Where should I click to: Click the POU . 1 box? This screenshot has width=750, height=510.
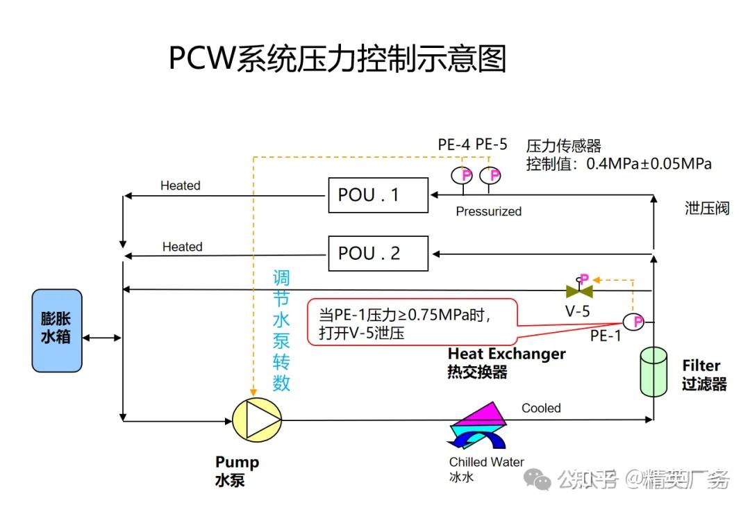point(378,195)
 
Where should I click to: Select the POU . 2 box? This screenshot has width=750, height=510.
point(378,253)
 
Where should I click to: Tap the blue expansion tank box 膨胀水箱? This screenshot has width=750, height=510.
point(56,330)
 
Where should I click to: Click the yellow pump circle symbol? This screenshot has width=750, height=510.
point(256,419)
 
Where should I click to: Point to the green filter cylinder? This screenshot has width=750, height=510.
point(652,371)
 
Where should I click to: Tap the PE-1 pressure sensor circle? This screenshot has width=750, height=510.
point(633,322)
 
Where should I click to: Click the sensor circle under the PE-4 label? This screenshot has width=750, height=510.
point(462,175)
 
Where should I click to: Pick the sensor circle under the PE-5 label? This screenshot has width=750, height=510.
point(490,175)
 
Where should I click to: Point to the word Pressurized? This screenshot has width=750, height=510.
point(488,211)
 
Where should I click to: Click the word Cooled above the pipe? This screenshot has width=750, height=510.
point(541,408)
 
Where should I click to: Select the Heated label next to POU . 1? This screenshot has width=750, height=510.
point(180,186)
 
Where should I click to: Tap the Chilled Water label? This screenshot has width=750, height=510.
point(486,462)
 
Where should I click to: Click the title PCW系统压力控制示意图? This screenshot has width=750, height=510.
point(337,58)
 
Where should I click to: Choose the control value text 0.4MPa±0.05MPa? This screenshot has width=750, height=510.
point(649,165)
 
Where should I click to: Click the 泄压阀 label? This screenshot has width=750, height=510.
point(706,208)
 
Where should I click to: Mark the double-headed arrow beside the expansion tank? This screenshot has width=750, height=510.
point(101,338)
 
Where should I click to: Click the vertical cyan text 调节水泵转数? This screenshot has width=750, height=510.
point(281,331)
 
